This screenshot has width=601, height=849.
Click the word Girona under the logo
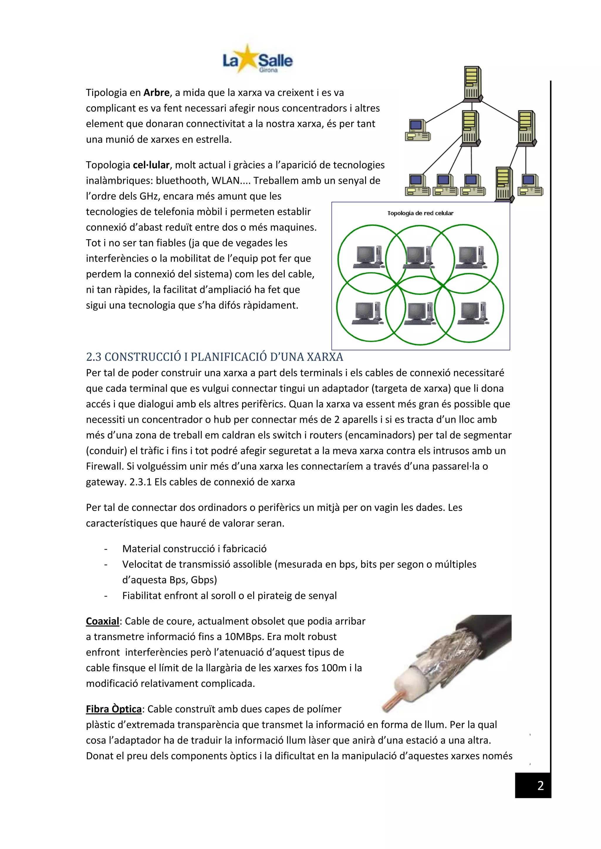click(268, 70)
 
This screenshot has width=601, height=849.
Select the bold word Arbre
click(156, 92)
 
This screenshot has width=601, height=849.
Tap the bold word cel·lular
click(151, 165)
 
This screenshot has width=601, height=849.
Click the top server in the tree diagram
click(472, 83)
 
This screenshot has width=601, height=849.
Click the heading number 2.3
click(94, 357)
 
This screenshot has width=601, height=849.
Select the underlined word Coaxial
click(102, 621)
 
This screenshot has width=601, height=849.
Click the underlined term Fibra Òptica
click(114, 709)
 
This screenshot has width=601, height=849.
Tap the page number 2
click(540, 786)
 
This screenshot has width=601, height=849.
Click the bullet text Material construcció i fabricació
click(194, 549)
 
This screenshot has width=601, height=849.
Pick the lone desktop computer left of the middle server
click(418, 130)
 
